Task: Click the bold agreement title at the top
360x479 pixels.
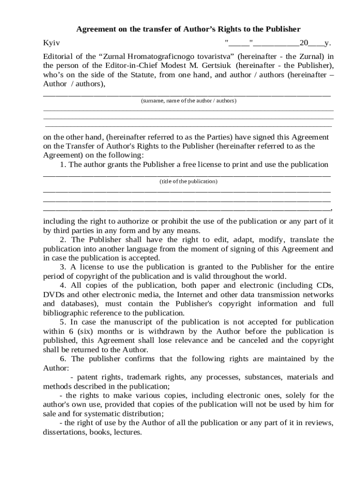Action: pos(188,29)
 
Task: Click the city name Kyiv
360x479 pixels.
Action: pos(51,43)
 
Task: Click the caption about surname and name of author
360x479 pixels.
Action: pos(188,101)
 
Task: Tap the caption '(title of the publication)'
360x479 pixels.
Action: pos(188,181)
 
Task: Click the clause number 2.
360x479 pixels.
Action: pos(62,239)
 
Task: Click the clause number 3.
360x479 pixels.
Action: pos(62,267)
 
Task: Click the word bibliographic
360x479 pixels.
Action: pos(65,313)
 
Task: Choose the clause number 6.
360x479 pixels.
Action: pos(62,359)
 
